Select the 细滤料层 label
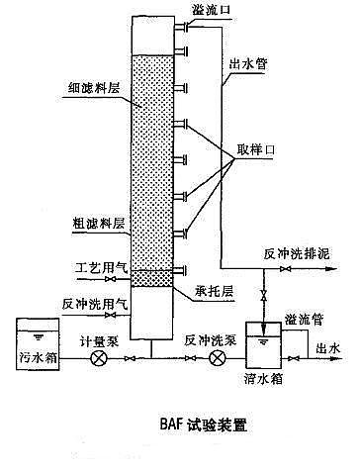(87, 88)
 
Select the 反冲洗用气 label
(86, 304)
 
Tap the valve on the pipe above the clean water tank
(264, 298)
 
